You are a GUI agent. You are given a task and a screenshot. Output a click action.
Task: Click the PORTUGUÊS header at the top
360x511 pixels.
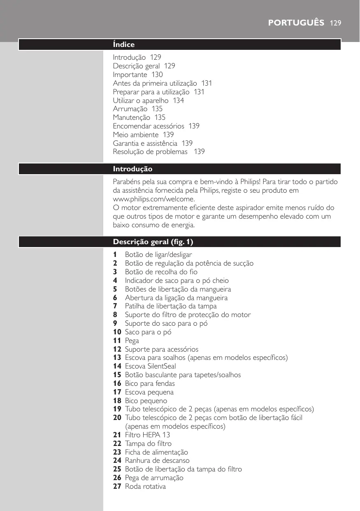click(296, 22)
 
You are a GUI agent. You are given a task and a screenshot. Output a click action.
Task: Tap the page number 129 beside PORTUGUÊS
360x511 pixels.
click(336, 23)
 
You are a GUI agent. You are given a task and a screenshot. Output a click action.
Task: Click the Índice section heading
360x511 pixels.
click(124, 44)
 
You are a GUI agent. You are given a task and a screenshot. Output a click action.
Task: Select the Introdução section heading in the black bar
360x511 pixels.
click(132, 169)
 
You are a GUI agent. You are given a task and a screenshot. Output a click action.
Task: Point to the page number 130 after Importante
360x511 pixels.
click(157, 75)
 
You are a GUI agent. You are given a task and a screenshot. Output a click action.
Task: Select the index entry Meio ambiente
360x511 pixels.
click(135, 135)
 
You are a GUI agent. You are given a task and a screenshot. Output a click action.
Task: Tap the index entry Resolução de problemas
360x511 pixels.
click(151, 152)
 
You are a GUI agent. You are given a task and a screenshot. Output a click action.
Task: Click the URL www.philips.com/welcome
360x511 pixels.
click(148, 199)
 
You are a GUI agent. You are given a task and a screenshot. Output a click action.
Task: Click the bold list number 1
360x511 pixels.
click(115, 254)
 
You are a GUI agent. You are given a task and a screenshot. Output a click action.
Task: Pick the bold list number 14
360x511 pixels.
click(117, 366)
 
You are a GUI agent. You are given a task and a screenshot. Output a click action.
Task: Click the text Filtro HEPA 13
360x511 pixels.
click(148, 435)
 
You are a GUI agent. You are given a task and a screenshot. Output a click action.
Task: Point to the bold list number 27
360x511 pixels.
click(117, 486)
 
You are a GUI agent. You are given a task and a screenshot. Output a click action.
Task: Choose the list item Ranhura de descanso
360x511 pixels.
click(157, 460)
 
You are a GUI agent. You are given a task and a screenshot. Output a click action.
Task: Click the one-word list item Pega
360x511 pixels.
click(132, 341)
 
